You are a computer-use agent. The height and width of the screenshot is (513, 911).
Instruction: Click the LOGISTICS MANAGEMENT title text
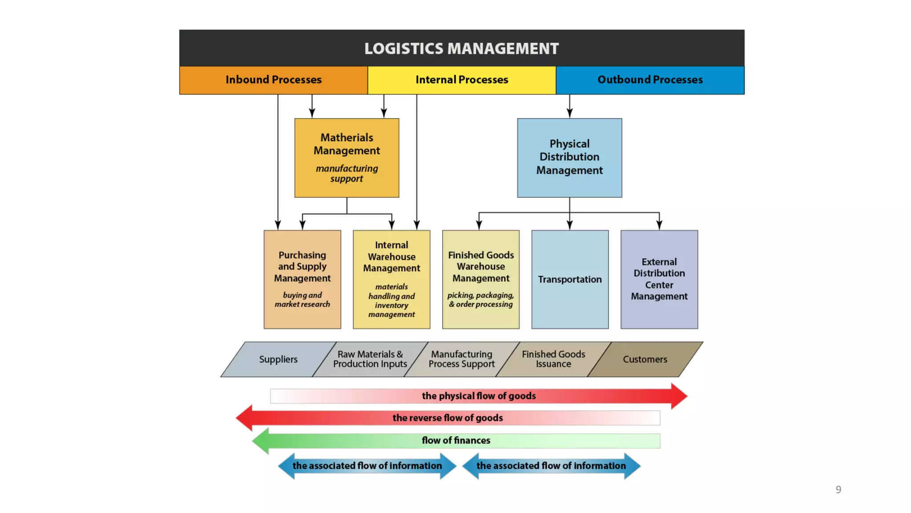pos(461,49)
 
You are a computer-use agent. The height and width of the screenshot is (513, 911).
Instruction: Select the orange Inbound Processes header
pos(273,80)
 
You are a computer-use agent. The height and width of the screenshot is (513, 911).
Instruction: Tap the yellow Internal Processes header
pos(461,80)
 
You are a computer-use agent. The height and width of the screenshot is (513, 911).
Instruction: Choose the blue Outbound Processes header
pos(649,80)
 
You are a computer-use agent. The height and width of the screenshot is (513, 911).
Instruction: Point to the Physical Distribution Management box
pos(569,157)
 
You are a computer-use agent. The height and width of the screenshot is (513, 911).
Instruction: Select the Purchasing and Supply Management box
pos(302,279)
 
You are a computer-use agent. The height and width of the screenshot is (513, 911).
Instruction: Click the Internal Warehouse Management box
pos(391,279)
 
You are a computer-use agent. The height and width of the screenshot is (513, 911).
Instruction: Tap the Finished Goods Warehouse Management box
pos(480,279)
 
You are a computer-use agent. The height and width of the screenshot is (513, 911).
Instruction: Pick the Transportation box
pos(569,279)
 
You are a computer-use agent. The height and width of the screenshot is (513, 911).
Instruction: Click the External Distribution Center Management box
pos(659,279)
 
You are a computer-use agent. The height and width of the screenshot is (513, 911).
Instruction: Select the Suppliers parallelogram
pos(278,359)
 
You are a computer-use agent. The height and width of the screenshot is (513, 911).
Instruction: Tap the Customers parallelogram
pos(645,359)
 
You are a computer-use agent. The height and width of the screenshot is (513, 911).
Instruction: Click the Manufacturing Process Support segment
pos(461,359)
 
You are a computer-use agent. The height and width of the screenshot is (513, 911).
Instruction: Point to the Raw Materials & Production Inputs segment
pos(370,359)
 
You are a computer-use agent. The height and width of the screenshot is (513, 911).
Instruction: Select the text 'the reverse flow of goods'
pos(447,418)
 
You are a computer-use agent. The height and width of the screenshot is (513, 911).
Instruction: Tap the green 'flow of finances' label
pos(456,440)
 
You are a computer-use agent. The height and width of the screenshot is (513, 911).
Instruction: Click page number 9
pos(838,489)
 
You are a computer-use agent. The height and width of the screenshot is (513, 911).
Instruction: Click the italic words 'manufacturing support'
pos(347,174)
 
